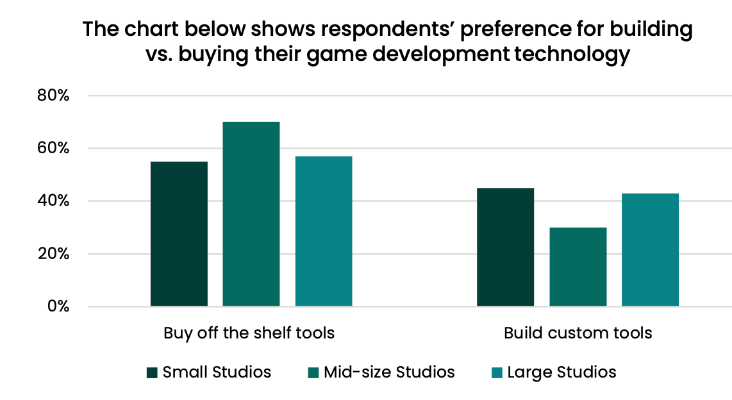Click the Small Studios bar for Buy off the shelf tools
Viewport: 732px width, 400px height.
[179, 234]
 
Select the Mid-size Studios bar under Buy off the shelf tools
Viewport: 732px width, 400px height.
[251, 214]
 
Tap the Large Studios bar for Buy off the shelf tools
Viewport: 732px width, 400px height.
[324, 231]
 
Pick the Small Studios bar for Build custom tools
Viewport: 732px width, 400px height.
[506, 247]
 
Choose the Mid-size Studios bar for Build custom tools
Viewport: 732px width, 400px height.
[578, 267]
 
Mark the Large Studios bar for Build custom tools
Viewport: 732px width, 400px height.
[651, 249]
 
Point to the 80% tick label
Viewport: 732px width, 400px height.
[52, 96]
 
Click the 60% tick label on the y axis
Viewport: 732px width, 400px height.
[52, 148]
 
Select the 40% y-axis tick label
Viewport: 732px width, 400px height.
[52, 201]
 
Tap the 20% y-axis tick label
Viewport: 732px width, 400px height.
[52, 254]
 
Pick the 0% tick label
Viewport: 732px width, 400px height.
[56, 306]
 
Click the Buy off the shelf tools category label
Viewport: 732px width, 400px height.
[249, 333]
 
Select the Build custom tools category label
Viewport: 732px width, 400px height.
[578, 333]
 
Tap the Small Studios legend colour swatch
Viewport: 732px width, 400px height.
[152, 372]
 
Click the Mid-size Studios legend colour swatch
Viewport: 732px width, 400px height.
[313, 372]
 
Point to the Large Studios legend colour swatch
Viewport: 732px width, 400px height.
[496, 372]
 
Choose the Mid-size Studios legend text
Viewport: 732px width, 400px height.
[389, 372]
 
